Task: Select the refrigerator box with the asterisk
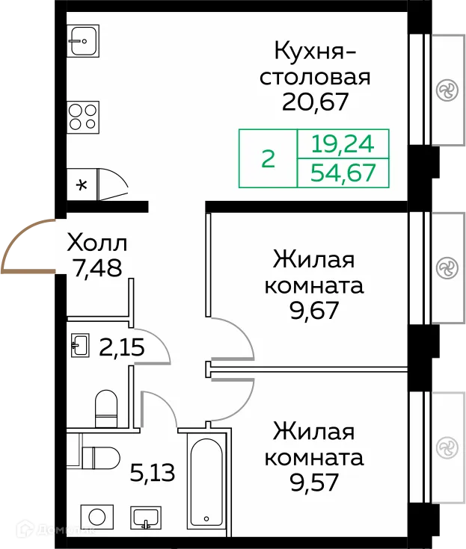coord(82,184)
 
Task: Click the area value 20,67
coord(315,101)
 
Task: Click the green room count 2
coord(268,159)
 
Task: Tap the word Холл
coord(97,243)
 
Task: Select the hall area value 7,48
coord(97,266)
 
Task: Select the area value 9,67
coord(318,309)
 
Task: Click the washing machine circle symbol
coord(95,517)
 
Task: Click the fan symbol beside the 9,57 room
coord(447,447)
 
